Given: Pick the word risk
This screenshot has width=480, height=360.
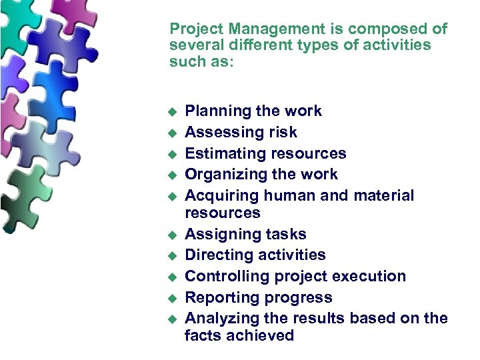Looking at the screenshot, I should coord(282,132).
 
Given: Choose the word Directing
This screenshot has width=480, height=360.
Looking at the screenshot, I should coord(217,255).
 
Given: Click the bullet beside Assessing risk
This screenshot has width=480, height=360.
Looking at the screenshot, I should coord(171,133).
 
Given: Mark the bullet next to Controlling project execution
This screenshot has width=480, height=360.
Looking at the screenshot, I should coord(171,277).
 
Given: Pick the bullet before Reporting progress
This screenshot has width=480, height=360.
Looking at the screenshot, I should coord(171,298).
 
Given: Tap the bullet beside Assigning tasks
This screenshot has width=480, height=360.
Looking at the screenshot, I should coord(171,235).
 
